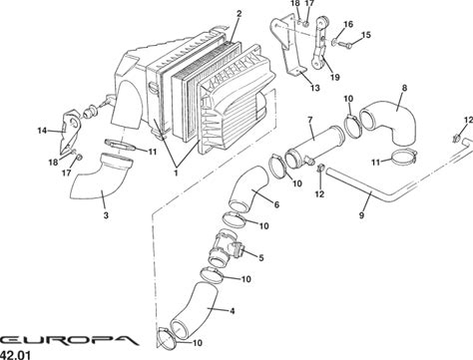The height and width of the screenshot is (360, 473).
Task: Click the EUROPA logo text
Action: (69, 340)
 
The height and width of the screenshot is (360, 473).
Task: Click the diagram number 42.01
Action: (15, 355)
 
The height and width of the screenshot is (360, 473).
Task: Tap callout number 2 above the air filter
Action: (238, 14)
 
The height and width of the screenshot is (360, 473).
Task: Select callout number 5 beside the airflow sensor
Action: (261, 257)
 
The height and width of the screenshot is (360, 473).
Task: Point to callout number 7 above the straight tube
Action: (310, 120)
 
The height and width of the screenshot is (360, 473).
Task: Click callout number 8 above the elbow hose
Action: (404, 88)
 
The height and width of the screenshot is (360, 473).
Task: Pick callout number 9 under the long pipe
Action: (361, 215)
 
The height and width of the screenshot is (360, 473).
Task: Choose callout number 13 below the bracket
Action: (314, 88)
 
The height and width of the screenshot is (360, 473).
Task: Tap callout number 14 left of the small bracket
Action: (42, 131)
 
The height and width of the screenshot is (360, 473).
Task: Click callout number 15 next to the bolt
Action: (365, 35)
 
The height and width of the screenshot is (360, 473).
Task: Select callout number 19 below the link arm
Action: (335, 77)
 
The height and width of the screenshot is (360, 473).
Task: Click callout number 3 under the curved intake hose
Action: (106, 215)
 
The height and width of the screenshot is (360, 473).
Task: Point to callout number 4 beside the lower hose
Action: (233, 311)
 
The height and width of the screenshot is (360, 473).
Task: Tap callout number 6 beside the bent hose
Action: (276, 204)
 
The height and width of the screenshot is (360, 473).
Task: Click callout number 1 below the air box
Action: (176, 173)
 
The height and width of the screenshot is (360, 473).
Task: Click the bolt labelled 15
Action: (344, 44)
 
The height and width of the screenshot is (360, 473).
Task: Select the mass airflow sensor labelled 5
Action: (227, 249)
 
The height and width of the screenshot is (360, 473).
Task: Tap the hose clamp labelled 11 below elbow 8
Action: (404, 157)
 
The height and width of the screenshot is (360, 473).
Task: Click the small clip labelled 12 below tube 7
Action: (320, 169)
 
